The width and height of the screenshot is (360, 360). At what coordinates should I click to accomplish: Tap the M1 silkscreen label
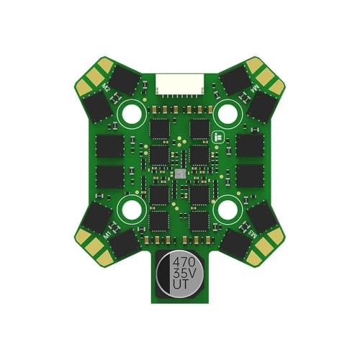[107, 235]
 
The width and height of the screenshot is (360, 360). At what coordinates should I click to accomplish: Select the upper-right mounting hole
[228, 113]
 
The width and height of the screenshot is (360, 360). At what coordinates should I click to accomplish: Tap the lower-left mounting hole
[132, 210]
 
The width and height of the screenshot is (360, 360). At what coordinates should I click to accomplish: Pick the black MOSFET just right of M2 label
[124, 81]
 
